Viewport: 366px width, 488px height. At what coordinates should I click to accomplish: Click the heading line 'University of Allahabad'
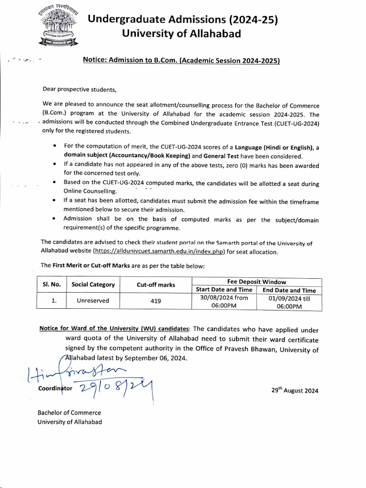pos(182,33)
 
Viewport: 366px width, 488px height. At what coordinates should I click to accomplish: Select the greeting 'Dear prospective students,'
pos(80,89)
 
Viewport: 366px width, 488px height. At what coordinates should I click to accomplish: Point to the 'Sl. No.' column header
pos(51,285)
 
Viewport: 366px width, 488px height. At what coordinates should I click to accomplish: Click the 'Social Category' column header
pos(93,285)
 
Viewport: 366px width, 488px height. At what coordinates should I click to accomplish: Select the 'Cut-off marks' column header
pos(156,285)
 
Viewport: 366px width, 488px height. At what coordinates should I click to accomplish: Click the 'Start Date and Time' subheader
pos(224,290)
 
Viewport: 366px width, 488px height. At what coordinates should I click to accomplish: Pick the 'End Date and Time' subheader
pos(289,290)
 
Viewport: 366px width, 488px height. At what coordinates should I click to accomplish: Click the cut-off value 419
pos(156,301)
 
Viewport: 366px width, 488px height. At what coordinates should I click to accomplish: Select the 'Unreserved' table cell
pos(93,301)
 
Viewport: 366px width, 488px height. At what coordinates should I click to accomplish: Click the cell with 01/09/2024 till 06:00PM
pos(289,302)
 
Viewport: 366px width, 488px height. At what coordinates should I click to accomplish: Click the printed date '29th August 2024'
pos(295,390)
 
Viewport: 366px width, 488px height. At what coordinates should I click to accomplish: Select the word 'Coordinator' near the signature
pos(55,388)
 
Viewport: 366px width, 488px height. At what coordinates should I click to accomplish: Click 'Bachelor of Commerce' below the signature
pos(69,413)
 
